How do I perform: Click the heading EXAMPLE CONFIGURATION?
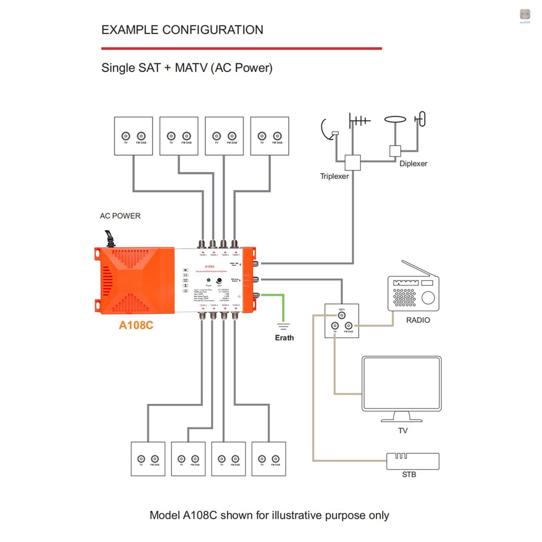182,30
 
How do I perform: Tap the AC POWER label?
120,216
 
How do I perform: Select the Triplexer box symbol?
353,162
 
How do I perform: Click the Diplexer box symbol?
395,150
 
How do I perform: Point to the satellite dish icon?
329,130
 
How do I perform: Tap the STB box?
413,460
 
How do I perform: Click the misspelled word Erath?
284,338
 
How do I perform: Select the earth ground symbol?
284,325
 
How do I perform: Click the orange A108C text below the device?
136,325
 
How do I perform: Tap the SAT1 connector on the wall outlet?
341,315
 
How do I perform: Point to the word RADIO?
418,320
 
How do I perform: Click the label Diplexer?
413,164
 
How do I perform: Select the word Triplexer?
335,176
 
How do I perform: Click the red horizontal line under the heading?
241,49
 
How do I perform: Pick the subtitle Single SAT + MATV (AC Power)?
187,68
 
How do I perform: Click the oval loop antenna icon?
395,121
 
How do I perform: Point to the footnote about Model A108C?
269,515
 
